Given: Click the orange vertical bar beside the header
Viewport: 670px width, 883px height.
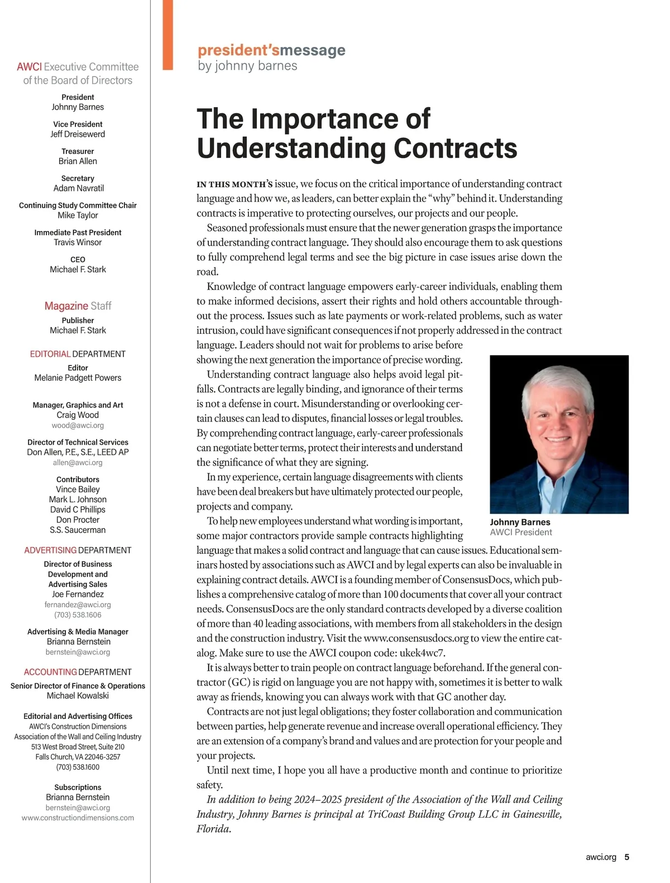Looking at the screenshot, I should click(167, 35).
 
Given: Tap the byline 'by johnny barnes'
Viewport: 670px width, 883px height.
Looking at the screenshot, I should click(247, 66).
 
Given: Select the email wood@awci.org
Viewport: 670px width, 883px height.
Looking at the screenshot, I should click(78, 425).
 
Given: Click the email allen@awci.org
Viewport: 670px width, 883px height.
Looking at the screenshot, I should click(78, 462).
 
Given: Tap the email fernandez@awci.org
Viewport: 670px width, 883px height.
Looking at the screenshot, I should click(78, 604).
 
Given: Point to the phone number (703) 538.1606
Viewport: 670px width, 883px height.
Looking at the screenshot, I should click(78, 615).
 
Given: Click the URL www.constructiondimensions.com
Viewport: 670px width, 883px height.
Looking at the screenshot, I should click(78, 818).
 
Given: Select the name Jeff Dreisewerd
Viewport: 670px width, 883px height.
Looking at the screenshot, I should click(78, 134).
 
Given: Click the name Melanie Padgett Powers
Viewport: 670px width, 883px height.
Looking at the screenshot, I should click(78, 378).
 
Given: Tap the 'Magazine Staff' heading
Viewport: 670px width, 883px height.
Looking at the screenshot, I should click(78, 306).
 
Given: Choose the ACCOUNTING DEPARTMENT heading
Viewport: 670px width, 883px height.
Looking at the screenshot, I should click(78, 672).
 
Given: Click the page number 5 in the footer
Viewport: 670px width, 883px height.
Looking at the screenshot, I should click(626, 857).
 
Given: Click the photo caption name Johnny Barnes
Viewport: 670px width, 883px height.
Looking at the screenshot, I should click(520, 522).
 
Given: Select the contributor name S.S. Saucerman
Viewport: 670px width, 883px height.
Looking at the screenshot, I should click(78, 530).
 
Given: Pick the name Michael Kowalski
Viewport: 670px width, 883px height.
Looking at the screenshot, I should click(78, 695).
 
